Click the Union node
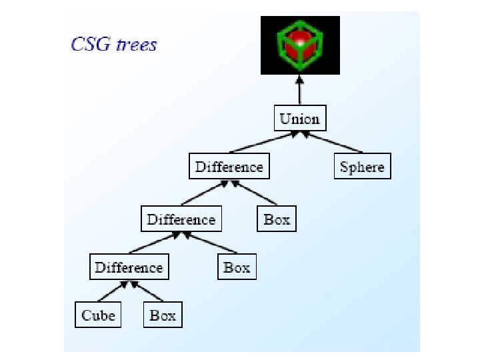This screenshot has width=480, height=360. click(299, 119)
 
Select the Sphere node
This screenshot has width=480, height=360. click(362, 167)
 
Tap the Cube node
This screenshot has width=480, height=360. click(98, 315)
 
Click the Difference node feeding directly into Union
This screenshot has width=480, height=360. click(229, 167)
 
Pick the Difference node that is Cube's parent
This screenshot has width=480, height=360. click(129, 268)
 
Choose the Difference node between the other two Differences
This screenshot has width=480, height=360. click(181, 220)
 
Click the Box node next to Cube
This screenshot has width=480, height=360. click(163, 315)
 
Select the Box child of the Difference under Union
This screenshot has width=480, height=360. click(277, 220)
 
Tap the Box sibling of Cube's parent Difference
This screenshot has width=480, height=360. click(237, 268)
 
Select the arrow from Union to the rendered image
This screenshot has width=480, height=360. click(300, 90)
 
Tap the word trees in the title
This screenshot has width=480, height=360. click(136, 45)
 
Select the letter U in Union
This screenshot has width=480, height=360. click(285, 119)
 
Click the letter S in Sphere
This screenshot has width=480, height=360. click(344, 167)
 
